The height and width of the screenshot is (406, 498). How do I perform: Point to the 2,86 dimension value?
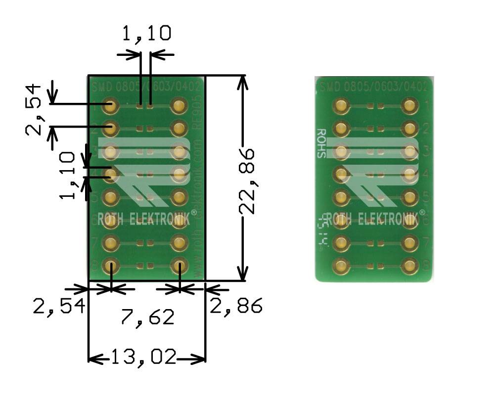tap(235, 306)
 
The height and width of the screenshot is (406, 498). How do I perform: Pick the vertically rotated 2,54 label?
tap(34, 110)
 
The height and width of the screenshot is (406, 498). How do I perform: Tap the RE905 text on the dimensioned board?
tap(197, 119)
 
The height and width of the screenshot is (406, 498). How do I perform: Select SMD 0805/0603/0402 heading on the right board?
tap(374, 87)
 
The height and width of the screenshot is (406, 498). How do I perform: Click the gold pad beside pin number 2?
tap(409, 129)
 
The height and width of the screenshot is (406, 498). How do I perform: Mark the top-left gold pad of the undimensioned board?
tap(340, 105)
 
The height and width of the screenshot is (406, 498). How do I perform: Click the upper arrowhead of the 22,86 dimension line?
tap(242, 82)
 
